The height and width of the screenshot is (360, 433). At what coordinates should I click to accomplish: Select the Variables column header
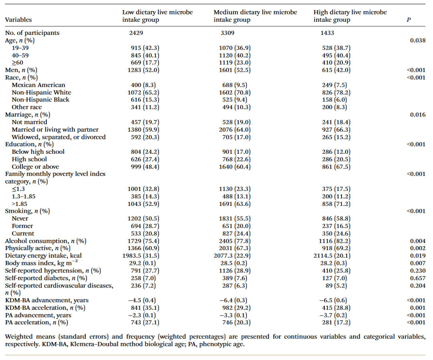pyautogui.click(x=18, y=20)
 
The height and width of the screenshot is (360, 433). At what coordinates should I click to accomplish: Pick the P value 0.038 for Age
pyautogui.click(x=417, y=41)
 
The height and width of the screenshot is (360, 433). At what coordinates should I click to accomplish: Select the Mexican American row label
pyautogui.click(x=38, y=85)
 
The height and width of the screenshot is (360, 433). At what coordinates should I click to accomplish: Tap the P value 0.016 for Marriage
pyautogui.click(x=417, y=115)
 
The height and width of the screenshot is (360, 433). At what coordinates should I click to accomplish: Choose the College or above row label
pyautogui.click(x=35, y=167)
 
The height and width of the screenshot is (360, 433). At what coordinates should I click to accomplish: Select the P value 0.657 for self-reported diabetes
pyautogui.click(x=417, y=278)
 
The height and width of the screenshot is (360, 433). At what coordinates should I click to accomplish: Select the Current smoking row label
pyautogui.click(x=23, y=234)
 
